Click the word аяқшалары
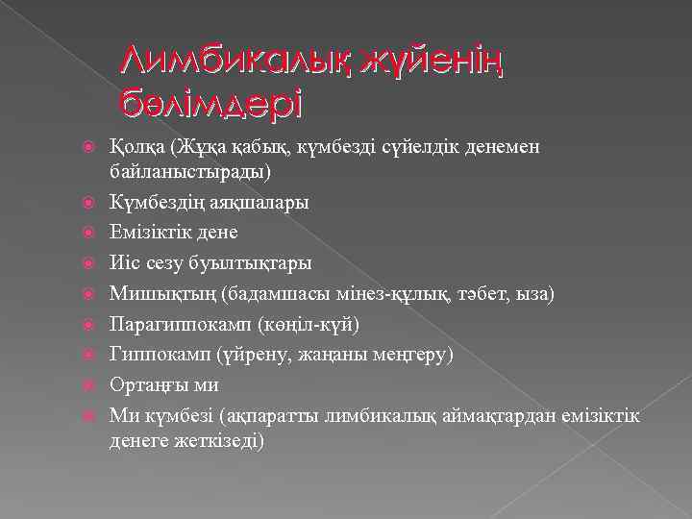[x=259, y=204]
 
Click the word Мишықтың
[x=155, y=293]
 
